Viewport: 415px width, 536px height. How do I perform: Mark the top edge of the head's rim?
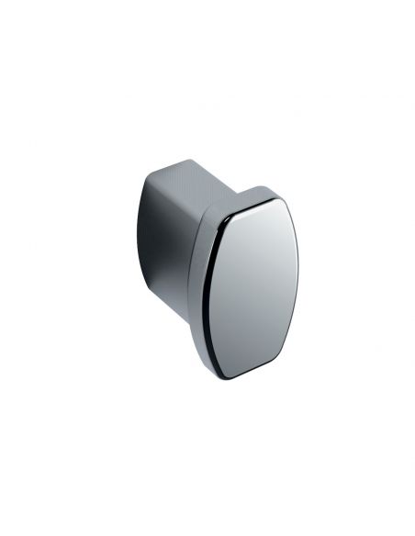[x=262, y=188]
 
